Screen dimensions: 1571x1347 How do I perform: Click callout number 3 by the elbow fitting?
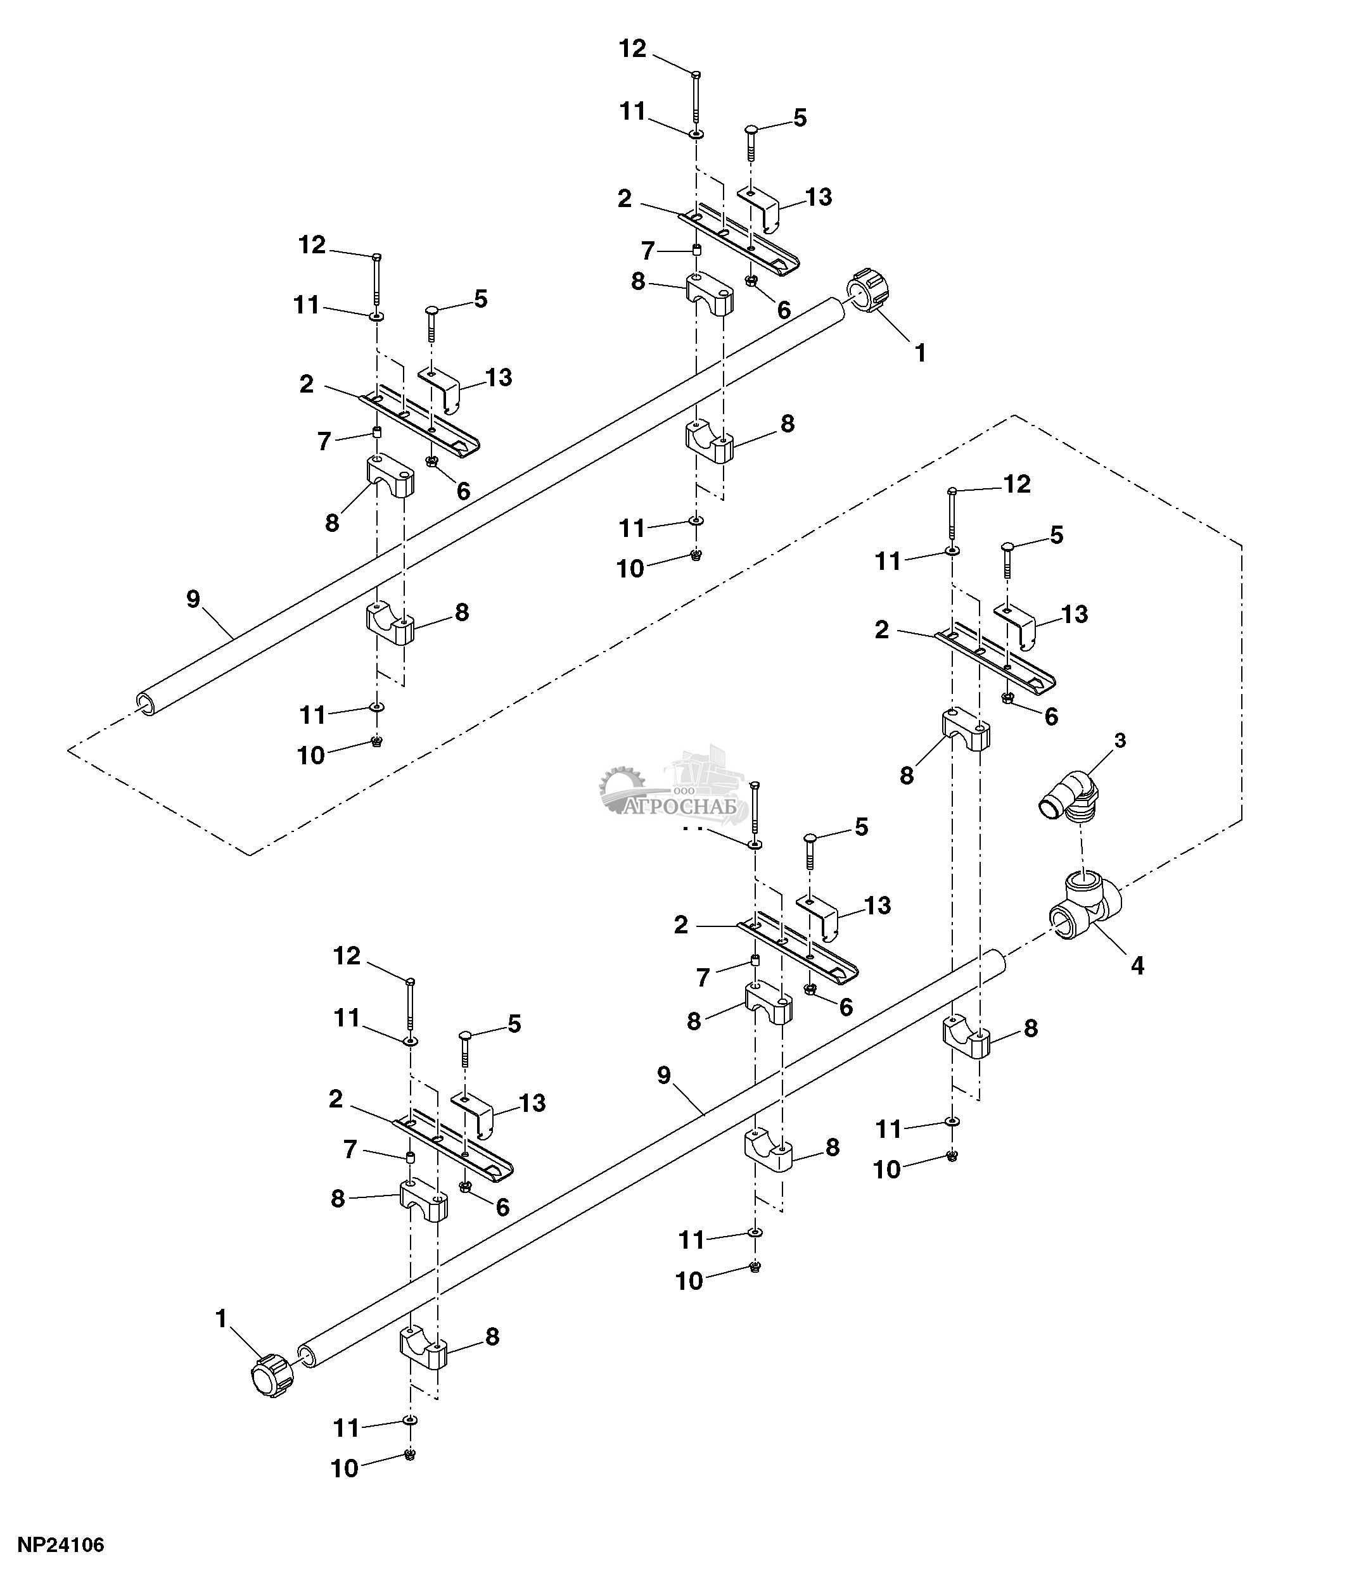(x=1120, y=741)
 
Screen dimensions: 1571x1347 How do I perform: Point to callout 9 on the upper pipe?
(x=193, y=599)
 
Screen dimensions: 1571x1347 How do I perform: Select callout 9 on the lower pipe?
(x=665, y=1075)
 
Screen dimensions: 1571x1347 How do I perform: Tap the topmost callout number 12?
(x=632, y=49)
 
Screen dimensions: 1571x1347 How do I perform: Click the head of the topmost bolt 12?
(x=696, y=73)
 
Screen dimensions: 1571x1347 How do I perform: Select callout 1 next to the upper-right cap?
(x=920, y=353)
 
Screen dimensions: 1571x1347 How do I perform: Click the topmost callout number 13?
(x=819, y=197)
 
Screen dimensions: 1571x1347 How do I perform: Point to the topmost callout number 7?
(x=647, y=250)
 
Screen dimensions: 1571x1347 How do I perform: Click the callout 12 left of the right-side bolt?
(x=1017, y=484)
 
